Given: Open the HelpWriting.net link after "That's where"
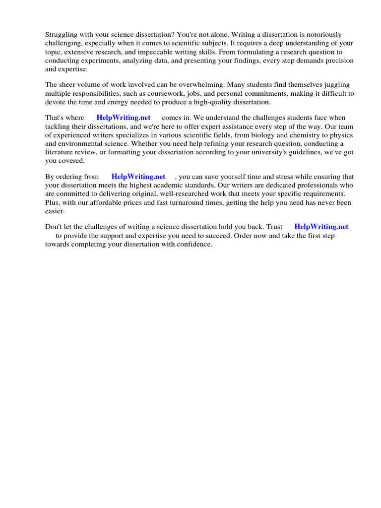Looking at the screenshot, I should (124, 118).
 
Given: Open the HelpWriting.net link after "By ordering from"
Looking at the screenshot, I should (138, 176).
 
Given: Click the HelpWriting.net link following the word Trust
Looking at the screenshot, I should (321, 227).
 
